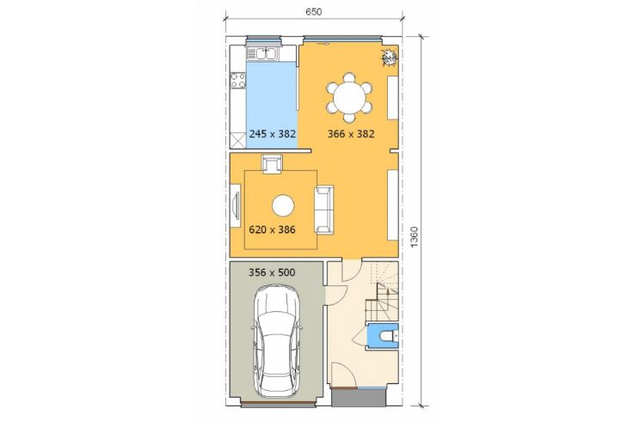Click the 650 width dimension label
point(314,12)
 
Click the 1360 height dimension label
point(415,237)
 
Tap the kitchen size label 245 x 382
point(273,134)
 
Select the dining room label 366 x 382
point(351,134)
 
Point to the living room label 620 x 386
point(272,230)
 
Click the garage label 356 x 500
point(272,272)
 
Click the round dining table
point(349,98)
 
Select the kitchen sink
point(261,53)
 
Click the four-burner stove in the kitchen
point(237,80)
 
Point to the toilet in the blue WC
point(389,335)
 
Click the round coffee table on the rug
point(283,206)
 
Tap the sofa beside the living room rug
point(324,210)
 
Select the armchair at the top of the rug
point(272,164)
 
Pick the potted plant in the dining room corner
point(390,58)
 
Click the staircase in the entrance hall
point(383,292)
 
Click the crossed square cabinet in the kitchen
point(237,140)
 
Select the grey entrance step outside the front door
point(358,398)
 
